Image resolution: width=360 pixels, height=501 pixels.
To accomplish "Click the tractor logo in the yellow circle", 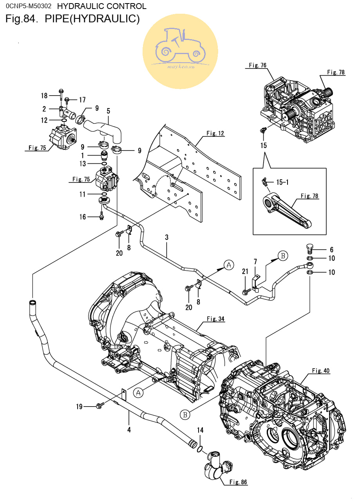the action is tap(180, 46).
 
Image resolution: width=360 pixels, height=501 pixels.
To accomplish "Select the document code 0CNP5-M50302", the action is tap(29, 6).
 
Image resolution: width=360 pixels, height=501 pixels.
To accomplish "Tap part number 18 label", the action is tap(44, 96).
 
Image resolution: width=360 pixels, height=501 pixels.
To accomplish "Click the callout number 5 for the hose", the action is tap(109, 111).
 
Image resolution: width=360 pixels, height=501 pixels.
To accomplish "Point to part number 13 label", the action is tap(83, 164).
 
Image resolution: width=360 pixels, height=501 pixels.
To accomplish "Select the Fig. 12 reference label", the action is tap(215, 133).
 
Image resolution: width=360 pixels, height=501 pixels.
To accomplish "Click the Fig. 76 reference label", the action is tap(258, 65).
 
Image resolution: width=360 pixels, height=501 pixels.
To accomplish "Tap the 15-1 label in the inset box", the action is tap(282, 182).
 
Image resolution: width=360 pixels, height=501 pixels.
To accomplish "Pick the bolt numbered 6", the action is tap(310, 248).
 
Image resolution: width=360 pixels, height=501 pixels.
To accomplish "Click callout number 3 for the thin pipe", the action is tap(166, 237).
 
